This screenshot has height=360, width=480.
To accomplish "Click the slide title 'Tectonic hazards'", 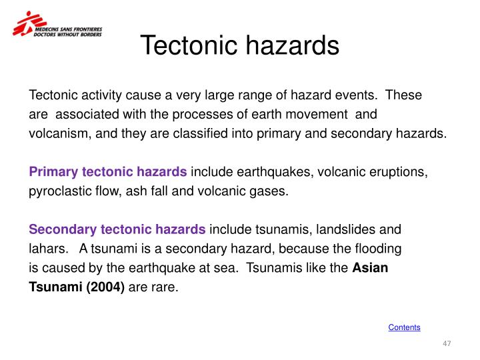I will click(240, 46).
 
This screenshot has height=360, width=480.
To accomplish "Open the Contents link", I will click(404, 327).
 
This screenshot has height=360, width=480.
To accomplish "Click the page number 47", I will click(447, 343).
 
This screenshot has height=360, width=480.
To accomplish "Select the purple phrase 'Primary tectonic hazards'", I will click(108, 172).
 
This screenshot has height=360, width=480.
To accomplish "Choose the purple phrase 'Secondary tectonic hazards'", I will click(117, 230).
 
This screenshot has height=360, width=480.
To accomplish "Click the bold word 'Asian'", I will click(370, 269).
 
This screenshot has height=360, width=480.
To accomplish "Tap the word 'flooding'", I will click(379, 249).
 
